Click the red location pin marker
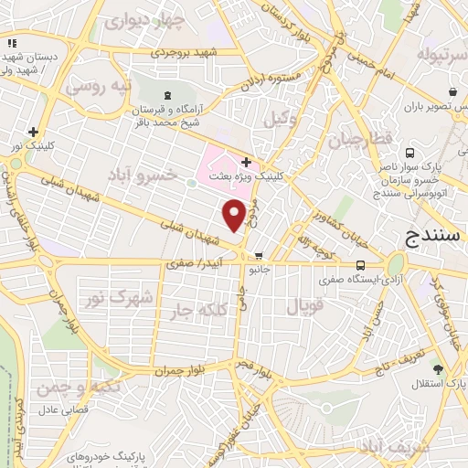pos(234,215)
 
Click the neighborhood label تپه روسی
pos(98,89)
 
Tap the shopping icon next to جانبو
pos(261,256)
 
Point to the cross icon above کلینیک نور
pos(34,132)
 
